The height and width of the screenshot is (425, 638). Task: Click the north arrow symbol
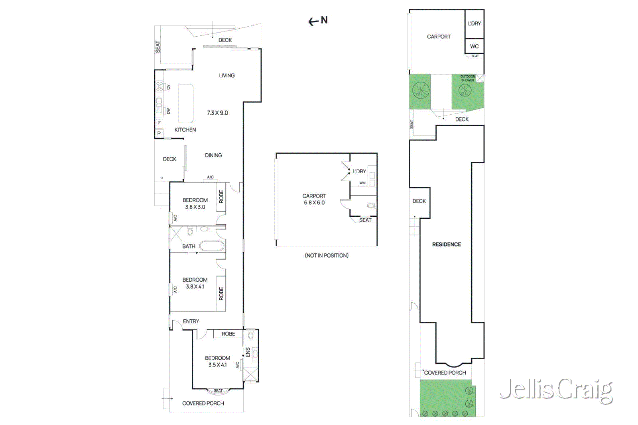click(317, 21)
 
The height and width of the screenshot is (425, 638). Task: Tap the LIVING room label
click(226, 75)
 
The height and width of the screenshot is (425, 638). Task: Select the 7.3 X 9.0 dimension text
click(217, 113)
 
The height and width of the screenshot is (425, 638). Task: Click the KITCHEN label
click(185, 130)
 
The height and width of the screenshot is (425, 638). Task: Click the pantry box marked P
click(159, 134)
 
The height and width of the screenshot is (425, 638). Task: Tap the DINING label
click(213, 155)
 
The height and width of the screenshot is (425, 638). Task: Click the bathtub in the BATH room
click(211, 246)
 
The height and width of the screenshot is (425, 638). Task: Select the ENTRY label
click(191, 321)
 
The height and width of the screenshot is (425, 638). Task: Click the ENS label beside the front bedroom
click(248, 352)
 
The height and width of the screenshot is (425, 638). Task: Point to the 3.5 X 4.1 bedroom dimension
click(217, 365)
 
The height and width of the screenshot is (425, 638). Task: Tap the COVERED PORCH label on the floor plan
click(203, 403)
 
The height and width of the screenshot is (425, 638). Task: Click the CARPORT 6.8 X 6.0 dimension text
click(314, 203)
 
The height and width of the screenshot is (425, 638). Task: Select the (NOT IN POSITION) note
click(326, 255)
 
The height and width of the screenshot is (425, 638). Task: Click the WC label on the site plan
click(474, 46)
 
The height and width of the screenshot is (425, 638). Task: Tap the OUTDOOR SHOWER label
click(467, 78)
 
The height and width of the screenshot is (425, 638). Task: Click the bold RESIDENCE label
click(446, 244)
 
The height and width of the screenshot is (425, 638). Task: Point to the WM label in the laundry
click(362, 183)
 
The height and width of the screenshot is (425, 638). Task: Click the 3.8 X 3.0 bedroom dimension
click(195, 207)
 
